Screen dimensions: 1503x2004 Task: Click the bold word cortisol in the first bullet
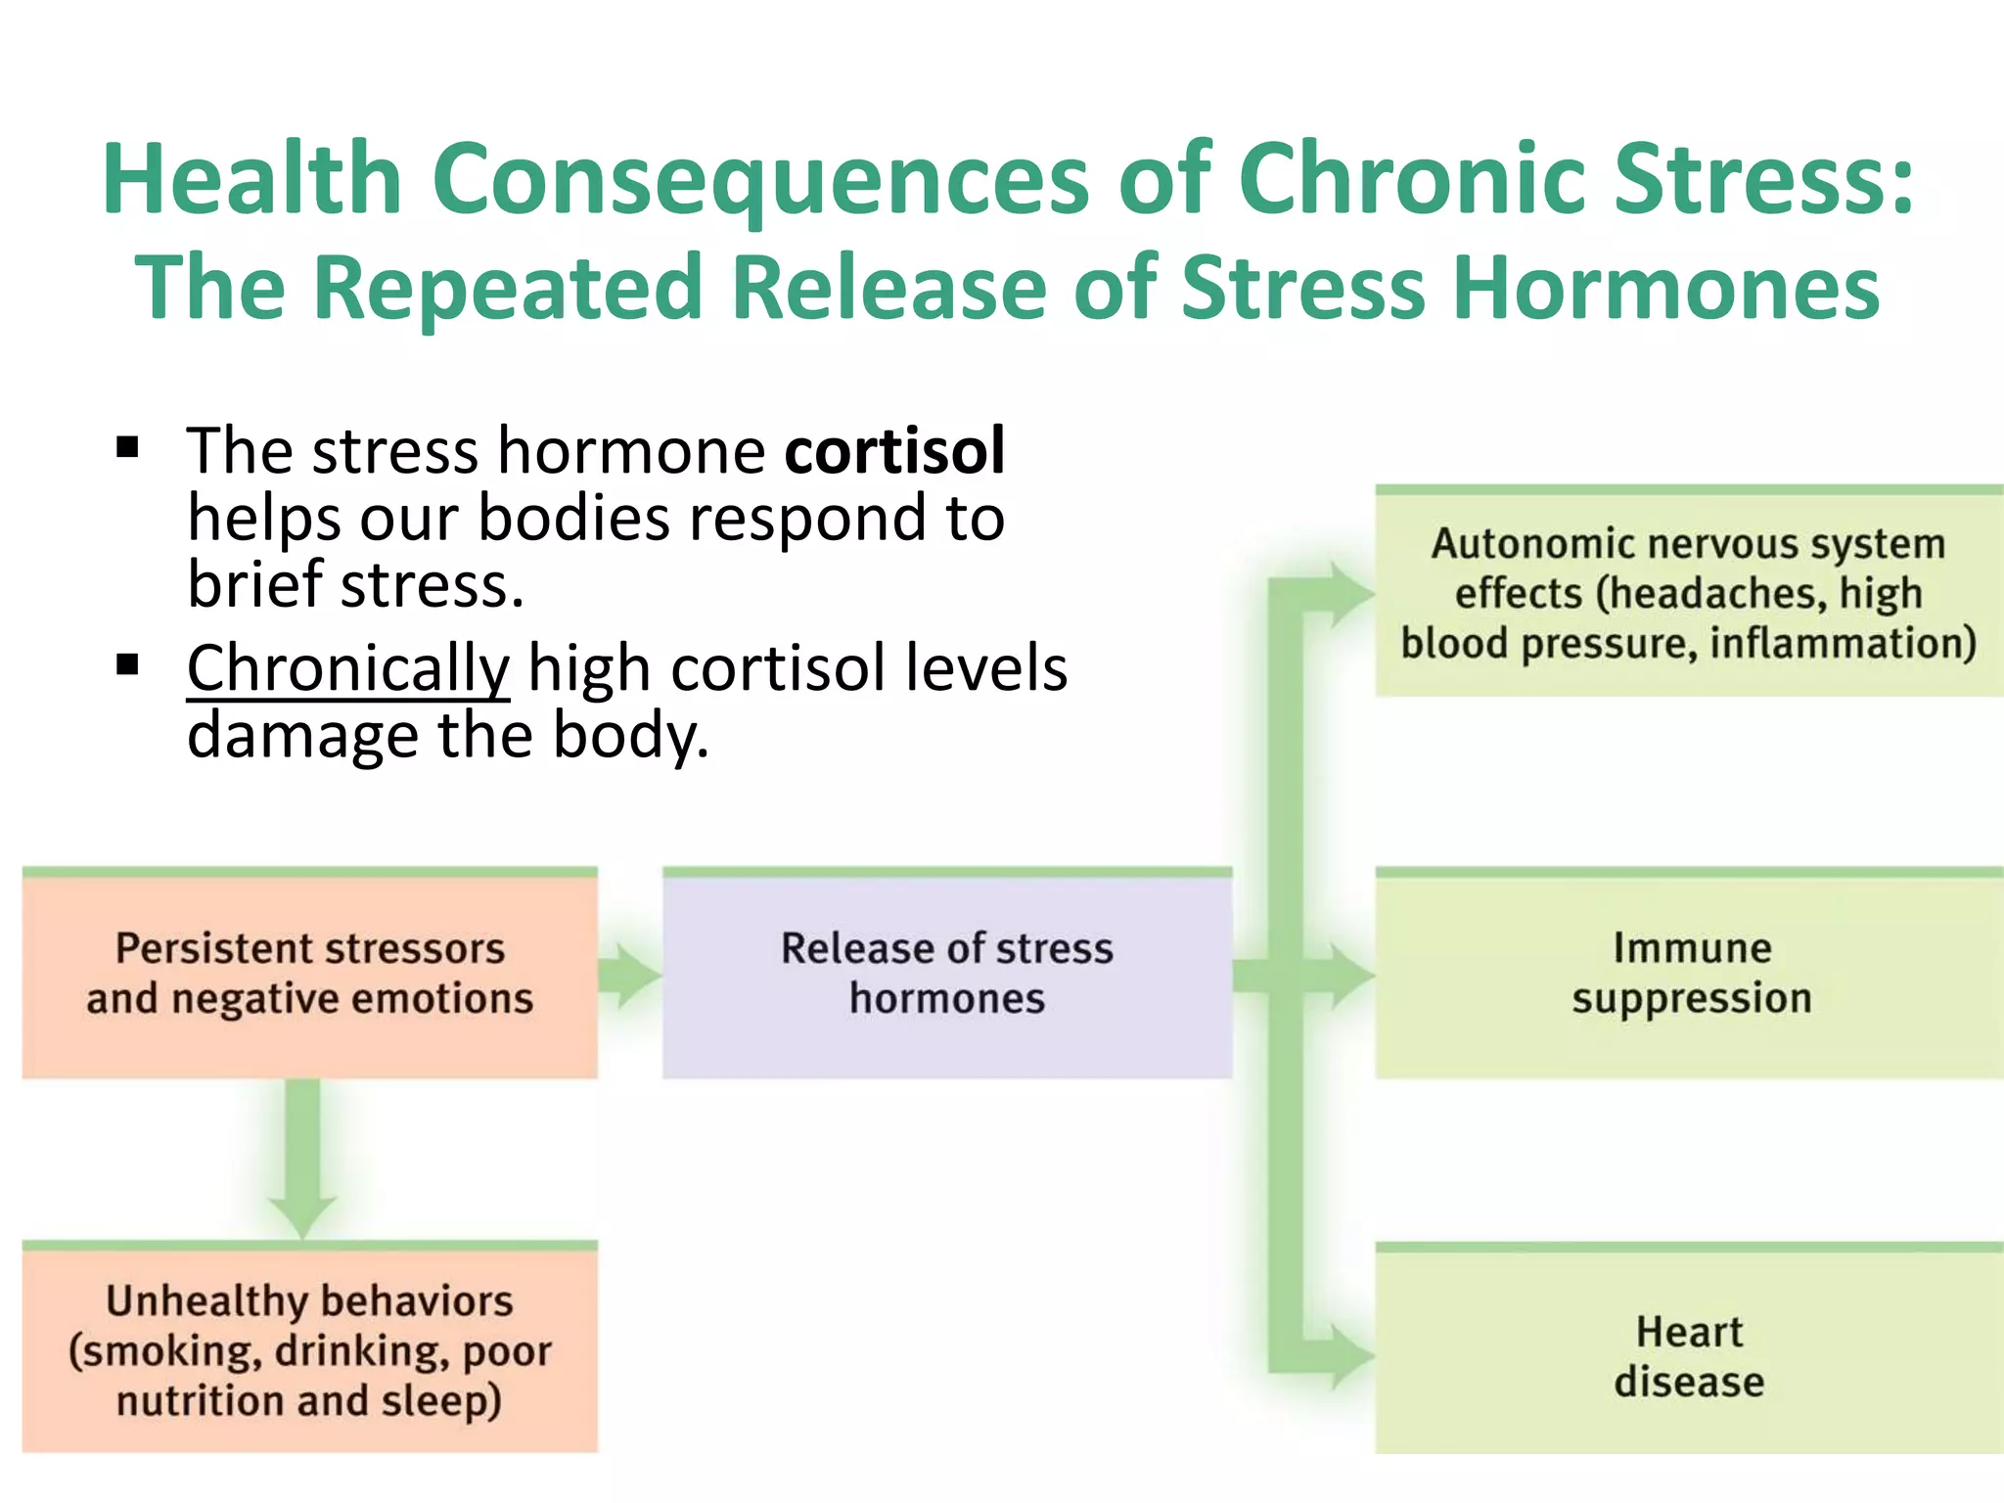893,452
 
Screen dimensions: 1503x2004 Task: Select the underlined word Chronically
348,669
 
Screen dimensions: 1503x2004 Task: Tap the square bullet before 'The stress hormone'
127,448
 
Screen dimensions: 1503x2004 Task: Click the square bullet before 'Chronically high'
127,666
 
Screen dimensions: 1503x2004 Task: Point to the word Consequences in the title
760,180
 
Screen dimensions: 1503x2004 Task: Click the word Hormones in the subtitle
1665,289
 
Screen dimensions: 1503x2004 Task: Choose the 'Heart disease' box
1690,1355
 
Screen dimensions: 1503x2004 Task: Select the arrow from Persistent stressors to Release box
629,975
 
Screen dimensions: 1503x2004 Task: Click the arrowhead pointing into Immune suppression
1351,975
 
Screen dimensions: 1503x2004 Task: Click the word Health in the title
252,180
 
